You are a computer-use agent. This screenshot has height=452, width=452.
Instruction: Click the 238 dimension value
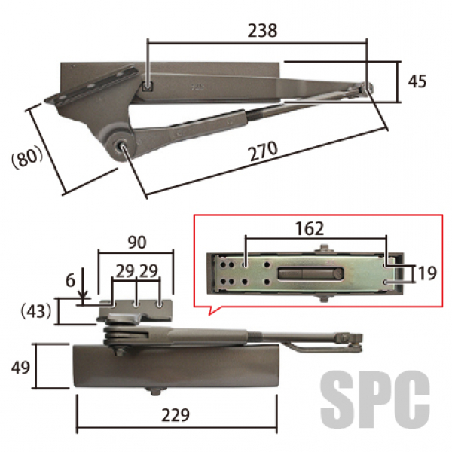click(262, 31)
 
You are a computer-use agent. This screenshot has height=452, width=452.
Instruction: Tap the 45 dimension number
click(417, 81)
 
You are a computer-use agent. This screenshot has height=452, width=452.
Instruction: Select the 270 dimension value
click(264, 151)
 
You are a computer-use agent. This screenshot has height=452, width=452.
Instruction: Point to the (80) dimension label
click(26, 158)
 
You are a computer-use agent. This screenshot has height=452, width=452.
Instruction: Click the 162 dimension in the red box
click(310, 229)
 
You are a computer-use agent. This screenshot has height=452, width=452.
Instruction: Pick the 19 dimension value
click(427, 273)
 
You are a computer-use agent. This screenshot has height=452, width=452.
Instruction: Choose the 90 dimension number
click(137, 243)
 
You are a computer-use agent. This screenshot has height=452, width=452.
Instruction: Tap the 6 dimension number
click(70, 280)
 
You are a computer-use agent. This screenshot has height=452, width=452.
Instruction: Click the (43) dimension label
click(36, 311)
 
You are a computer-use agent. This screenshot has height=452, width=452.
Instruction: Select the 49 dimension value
click(20, 368)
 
